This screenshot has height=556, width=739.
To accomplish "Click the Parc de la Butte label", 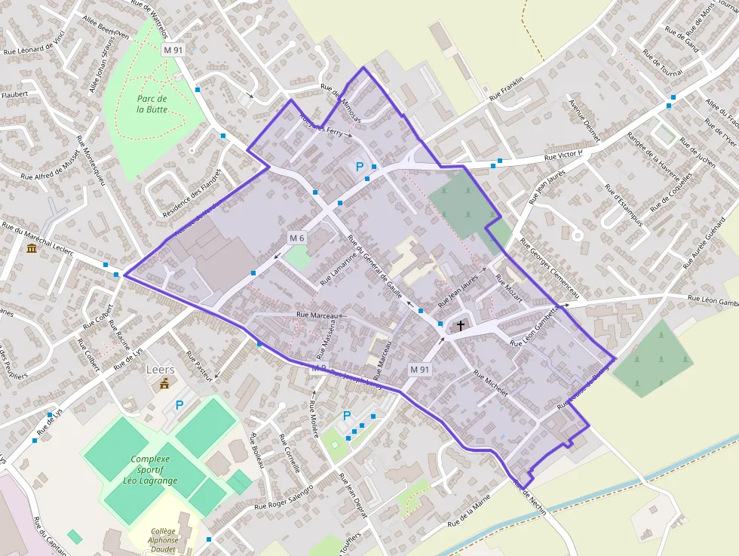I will click(x=152, y=104).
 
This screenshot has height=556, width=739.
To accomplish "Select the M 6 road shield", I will click(x=296, y=238).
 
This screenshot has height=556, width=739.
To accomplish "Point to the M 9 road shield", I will click(x=319, y=368).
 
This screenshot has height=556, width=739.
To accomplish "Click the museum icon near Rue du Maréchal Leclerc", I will click(x=32, y=248).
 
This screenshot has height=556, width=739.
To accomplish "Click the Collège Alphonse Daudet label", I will click(x=163, y=540).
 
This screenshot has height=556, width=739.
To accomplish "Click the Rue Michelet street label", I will click(x=491, y=384).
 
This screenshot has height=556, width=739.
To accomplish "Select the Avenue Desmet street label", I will click(x=584, y=121).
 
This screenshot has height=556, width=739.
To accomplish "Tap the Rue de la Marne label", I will click(x=474, y=513).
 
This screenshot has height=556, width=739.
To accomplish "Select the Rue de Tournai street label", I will click(x=662, y=63).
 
